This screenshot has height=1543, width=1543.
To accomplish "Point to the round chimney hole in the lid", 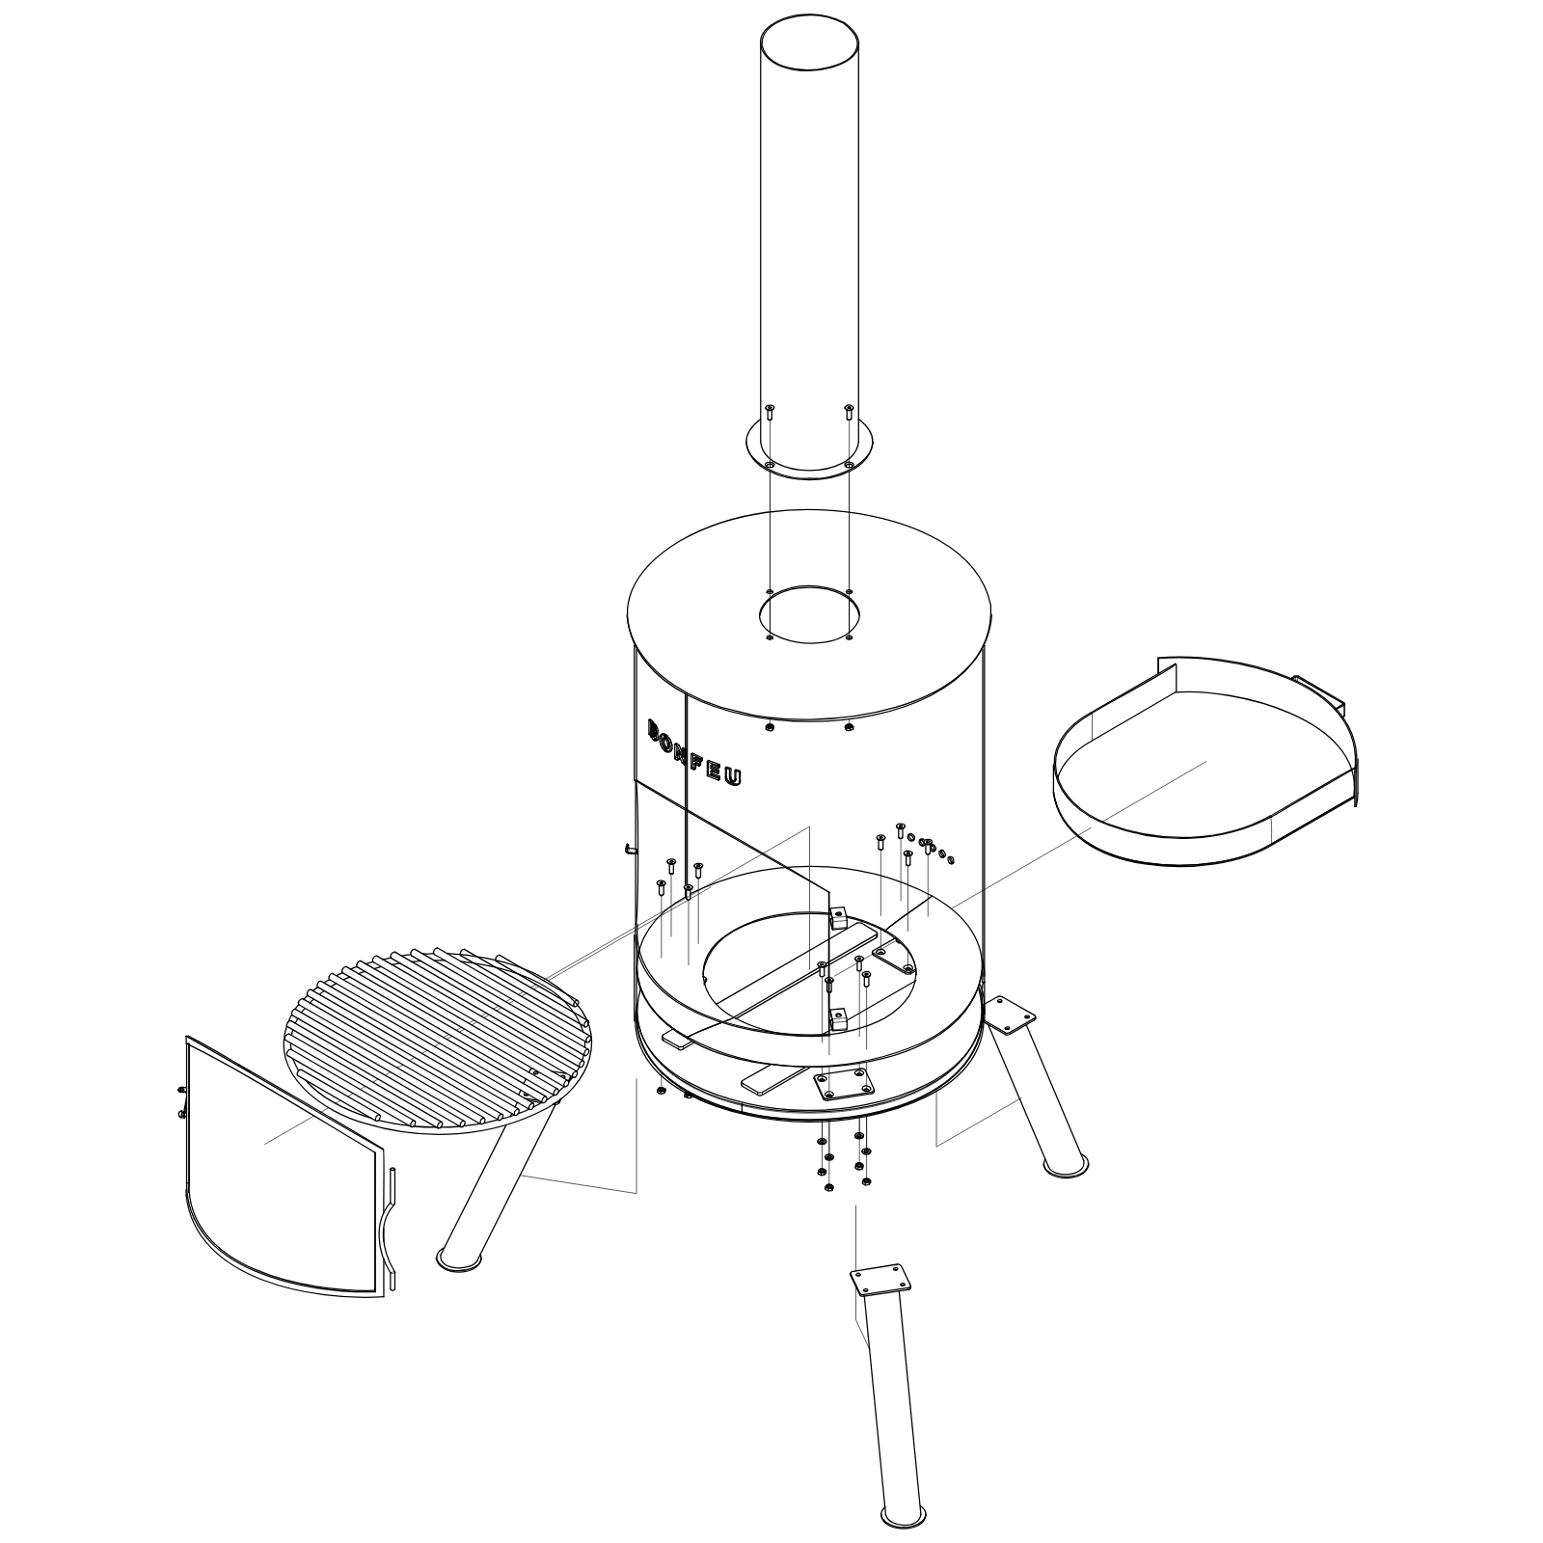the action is [809, 615].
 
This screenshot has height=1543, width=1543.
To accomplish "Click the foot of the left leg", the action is [462, 1258].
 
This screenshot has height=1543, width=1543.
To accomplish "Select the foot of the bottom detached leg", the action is [904, 1514].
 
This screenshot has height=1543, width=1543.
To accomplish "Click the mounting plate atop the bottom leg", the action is [880, 1280].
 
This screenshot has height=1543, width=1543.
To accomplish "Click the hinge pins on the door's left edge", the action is [182, 1100].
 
